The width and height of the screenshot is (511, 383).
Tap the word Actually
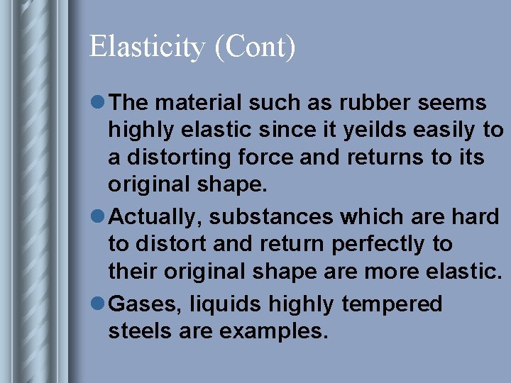pos(153,217)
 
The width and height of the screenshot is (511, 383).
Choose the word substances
pos(258,217)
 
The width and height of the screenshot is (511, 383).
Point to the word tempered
pos(392,304)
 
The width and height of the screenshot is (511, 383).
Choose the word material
pos(194,104)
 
